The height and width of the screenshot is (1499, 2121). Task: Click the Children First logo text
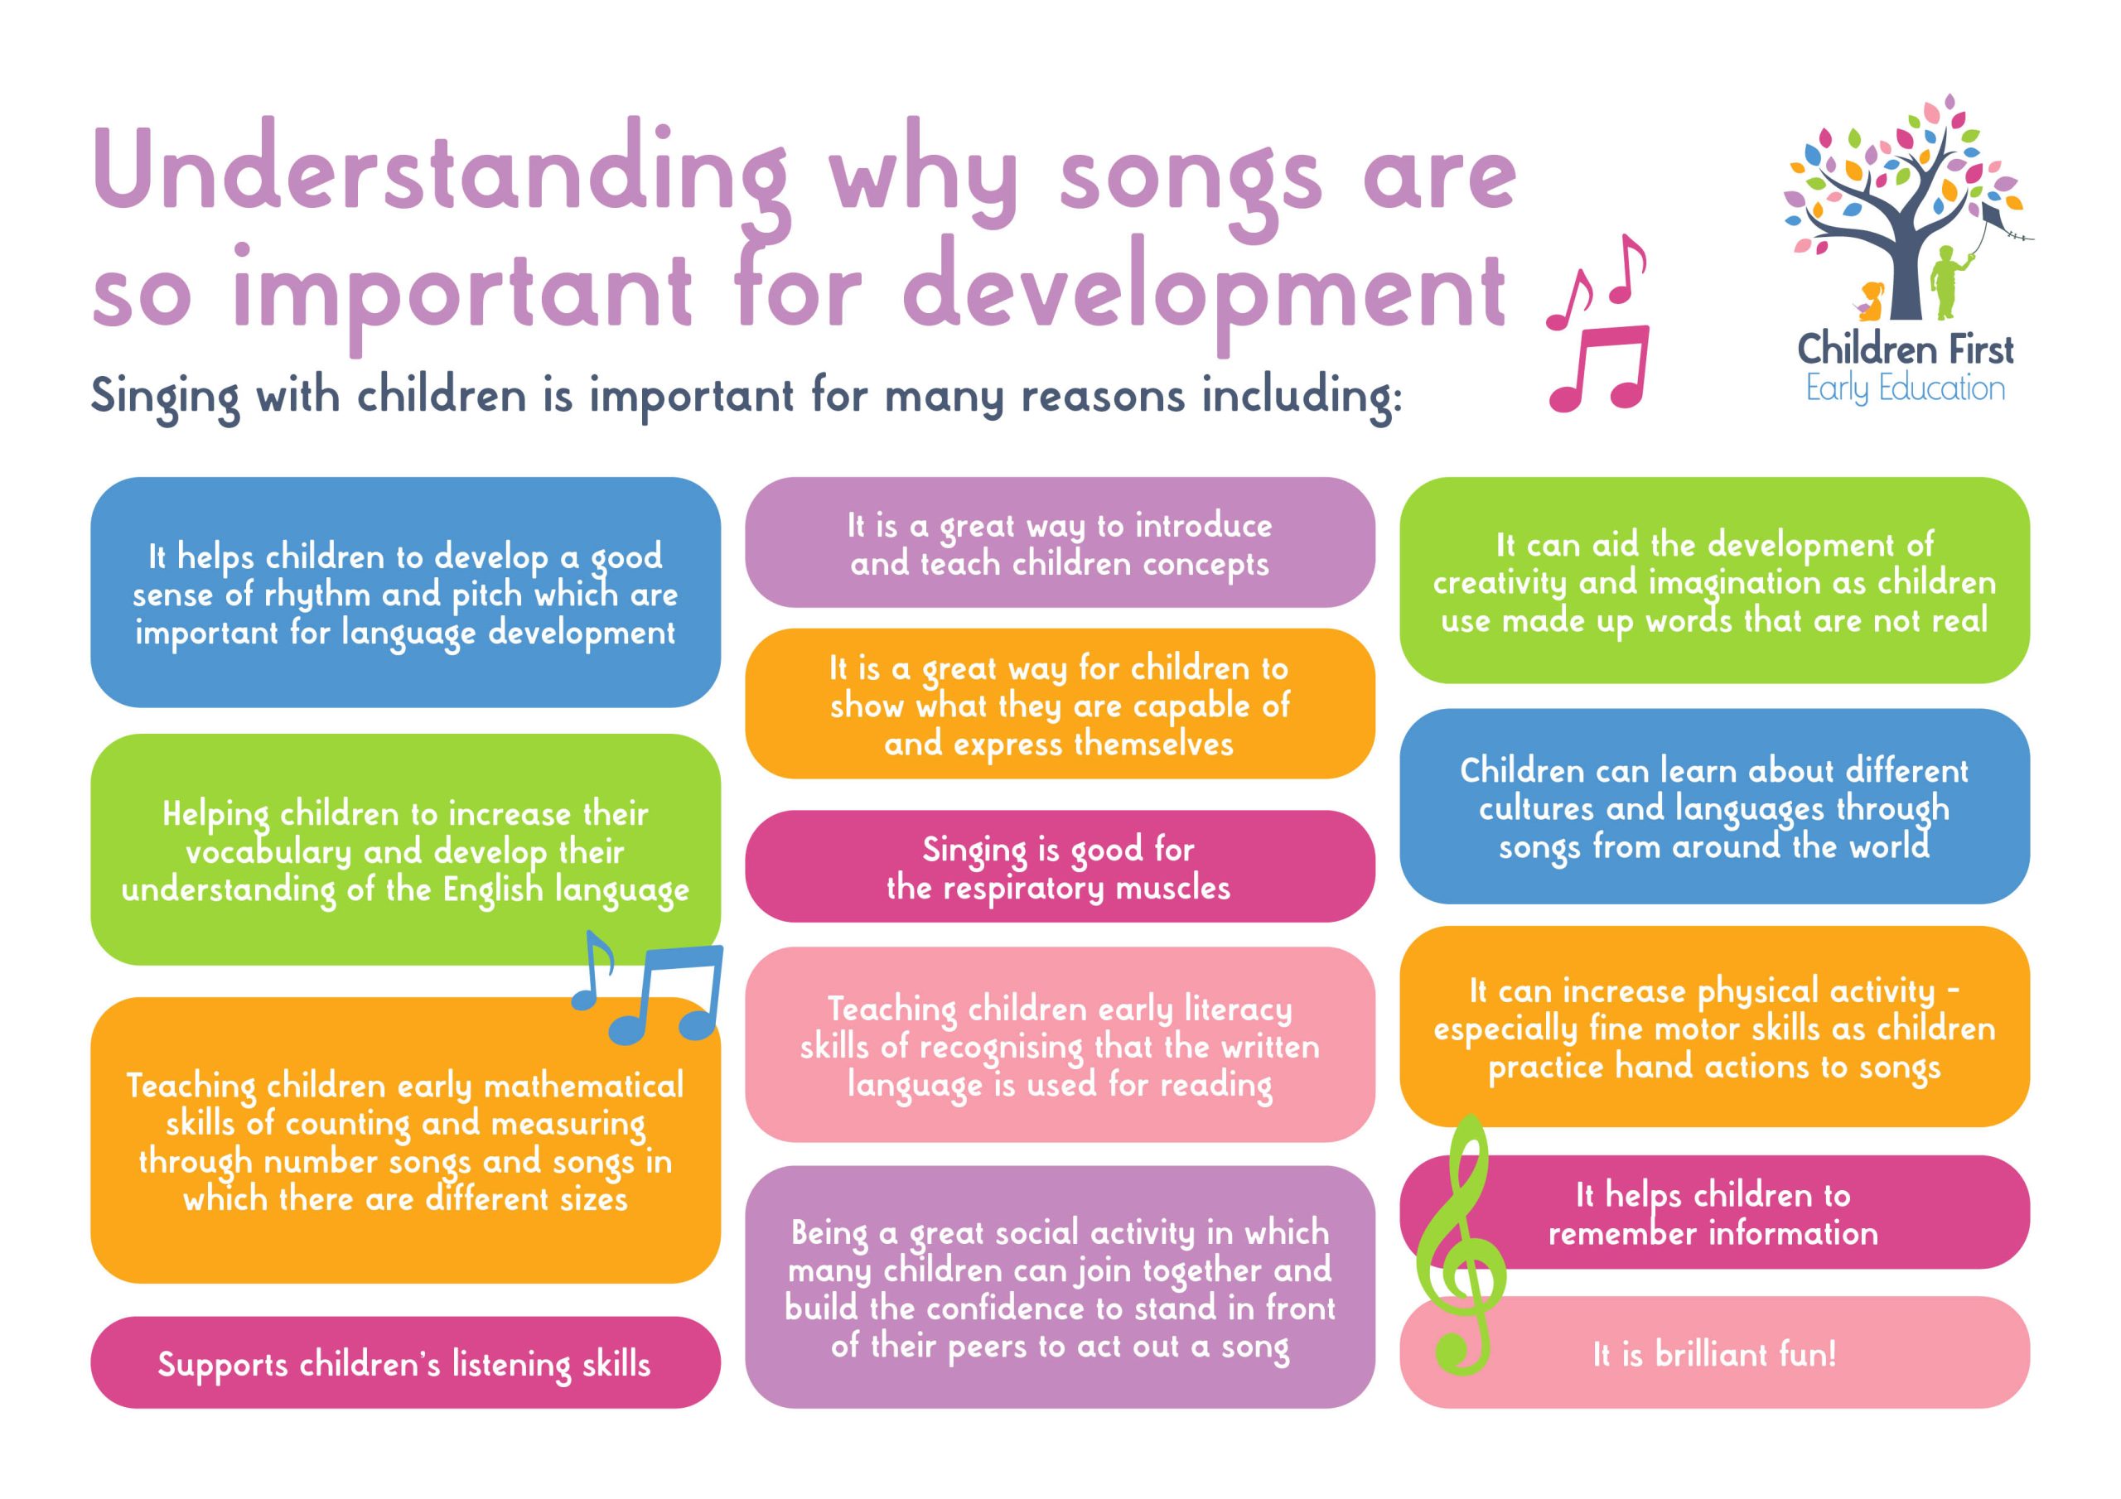(1905, 350)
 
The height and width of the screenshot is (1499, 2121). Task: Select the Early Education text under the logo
(1905, 389)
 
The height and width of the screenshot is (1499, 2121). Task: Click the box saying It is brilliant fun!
(1713, 1354)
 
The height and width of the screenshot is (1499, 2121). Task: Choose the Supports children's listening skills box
(404, 1363)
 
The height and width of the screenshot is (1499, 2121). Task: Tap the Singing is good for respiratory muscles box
(1060, 866)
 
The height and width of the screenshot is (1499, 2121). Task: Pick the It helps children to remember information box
(1713, 1212)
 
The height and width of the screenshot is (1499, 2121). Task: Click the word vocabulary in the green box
(268, 852)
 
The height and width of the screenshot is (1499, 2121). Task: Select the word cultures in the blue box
(1537, 809)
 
